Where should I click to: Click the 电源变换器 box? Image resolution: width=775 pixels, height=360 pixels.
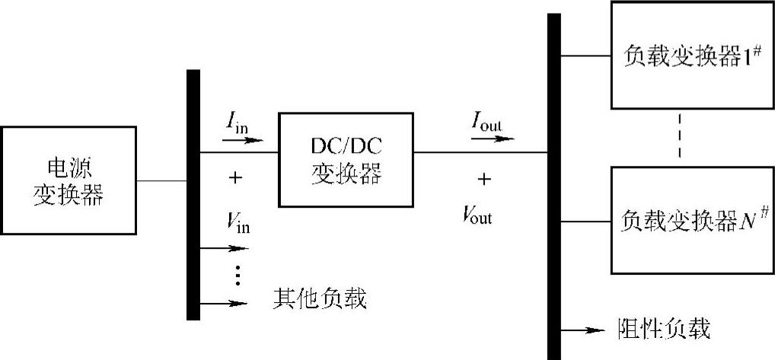click(68, 180)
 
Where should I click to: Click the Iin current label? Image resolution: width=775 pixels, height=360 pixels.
click(235, 122)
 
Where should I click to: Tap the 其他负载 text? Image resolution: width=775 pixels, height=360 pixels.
click(319, 299)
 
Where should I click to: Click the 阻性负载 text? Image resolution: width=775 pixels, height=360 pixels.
click(662, 330)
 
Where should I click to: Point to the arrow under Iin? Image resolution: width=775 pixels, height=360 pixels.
click(242, 140)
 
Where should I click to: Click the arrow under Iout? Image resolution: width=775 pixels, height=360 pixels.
click(493, 139)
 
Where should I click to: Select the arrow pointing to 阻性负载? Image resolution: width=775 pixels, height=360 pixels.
click(583, 330)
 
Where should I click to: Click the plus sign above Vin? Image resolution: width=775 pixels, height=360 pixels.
click(235, 178)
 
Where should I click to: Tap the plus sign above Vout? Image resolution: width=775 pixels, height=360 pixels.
click(483, 179)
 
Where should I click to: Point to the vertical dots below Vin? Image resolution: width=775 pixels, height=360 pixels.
click(237, 275)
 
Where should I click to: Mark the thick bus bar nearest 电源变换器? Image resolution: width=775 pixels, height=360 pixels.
click(193, 194)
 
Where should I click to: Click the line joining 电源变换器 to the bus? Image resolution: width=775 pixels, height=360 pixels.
click(161, 181)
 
